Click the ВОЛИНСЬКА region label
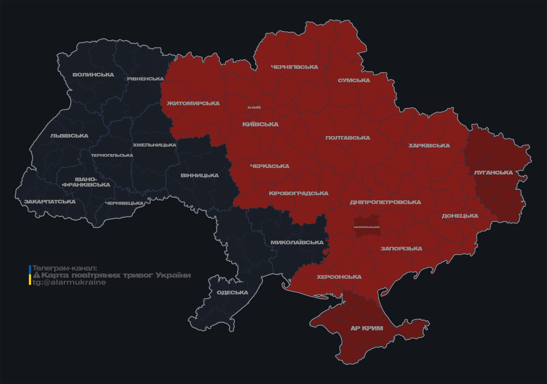tap(93, 75)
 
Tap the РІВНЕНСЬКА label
tap(145, 79)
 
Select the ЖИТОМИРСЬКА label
tap(193, 103)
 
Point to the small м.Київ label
tap(254, 107)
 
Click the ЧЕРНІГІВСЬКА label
tap(294, 67)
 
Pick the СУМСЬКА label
tap(354, 80)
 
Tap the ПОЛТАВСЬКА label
tap(348, 138)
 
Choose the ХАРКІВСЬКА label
tap(429, 145)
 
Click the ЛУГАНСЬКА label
tap(493, 172)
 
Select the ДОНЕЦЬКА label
tap(460, 216)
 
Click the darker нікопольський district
tap(366, 227)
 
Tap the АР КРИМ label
tap(367, 328)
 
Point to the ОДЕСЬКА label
tap(232, 292)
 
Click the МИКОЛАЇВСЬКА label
tap(297, 242)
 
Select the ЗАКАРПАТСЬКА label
tap(50, 202)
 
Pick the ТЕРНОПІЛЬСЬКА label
tap(112, 155)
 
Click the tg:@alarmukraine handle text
tap(69, 282)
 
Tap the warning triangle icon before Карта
tap(36, 275)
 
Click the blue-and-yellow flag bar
tap(30, 275)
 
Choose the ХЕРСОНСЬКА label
tap(339, 277)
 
